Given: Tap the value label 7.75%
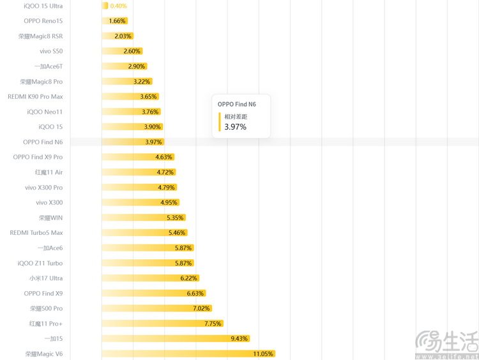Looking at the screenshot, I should pyautogui.click(x=213, y=324).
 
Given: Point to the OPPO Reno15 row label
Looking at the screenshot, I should pyautogui.click(x=43, y=21).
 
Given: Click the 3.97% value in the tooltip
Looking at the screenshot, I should pyautogui.click(x=235, y=127).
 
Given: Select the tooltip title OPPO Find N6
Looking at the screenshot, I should pyautogui.click(x=237, y=104).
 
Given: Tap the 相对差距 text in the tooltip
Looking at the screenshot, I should pyautogui.click(x=236, y=117).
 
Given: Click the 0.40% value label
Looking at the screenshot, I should pyautogui.click(x=118, y=6).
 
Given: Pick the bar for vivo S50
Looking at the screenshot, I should pyautogui.click(x=121, y=51).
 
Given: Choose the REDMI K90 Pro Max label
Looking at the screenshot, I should pyautogui.click(x=35, y=96).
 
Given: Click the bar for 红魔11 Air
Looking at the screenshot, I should pyautogui.click(x=137, y=172).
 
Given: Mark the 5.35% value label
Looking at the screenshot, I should pyautogui.click(x=175, y=218).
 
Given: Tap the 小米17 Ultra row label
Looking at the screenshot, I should pyautogui.click(x=46, y=278).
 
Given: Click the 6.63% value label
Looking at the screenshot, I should pyautogui.click(x=195, y=294).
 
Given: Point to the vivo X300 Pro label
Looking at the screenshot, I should pyautogui.click(x=44, y=188).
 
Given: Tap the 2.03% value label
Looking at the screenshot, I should pyautogui.click(x=123, y=36).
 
